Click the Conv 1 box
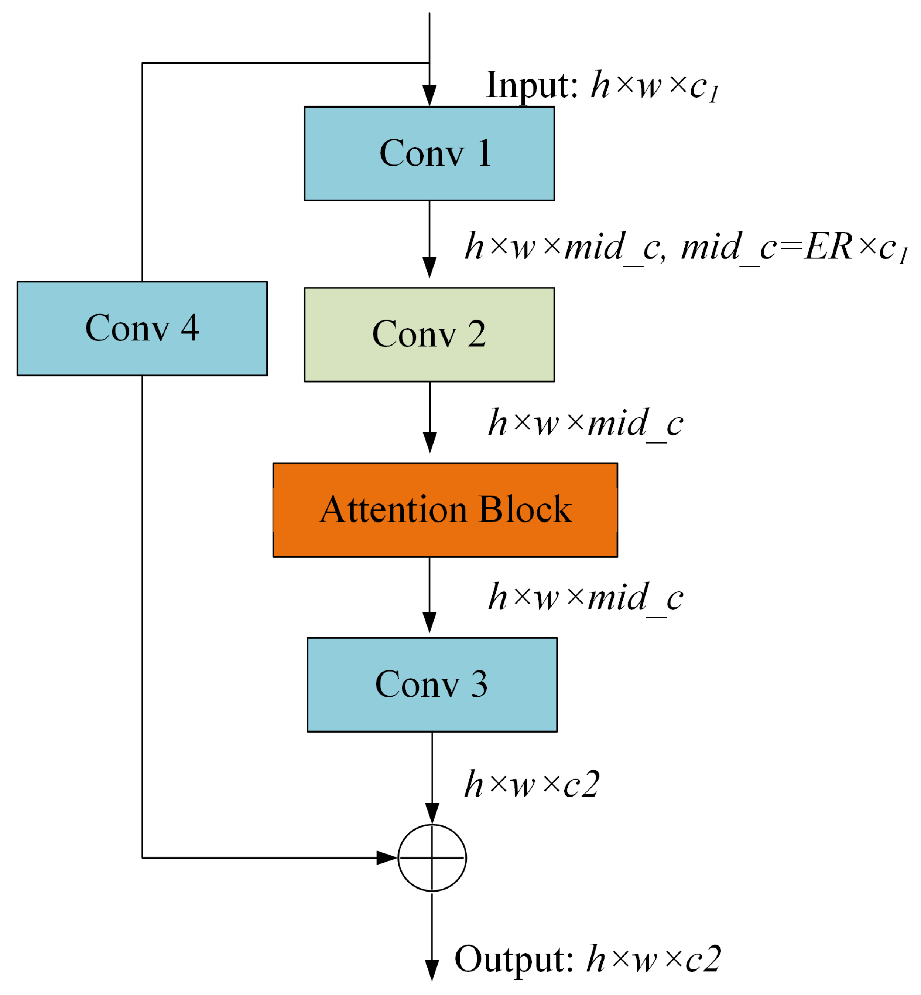pos(429,154)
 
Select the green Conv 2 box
pos(429,334)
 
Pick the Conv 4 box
pos(142,328)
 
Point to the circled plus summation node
pos(432,858)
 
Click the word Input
pos(531,86)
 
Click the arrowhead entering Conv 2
pos(429,268)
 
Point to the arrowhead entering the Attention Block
pos(429,443)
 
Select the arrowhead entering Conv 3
pos(429,622)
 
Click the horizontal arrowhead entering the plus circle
pos(387,858)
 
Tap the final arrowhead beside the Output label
pos(432,971)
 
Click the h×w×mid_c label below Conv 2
pos(586,423)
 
